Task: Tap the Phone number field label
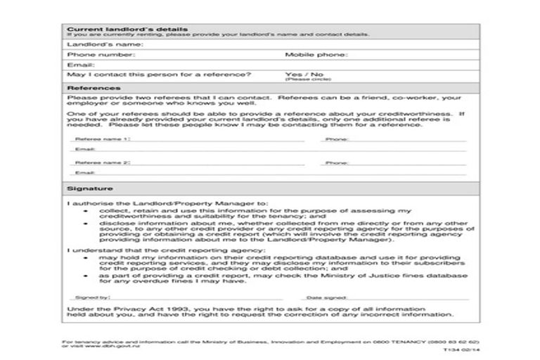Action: click(101, 54)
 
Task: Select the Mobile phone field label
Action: click(316, 54)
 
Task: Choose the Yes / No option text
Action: click(304, 74)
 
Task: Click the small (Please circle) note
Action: click(299, 80)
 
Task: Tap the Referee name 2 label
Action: click(103, 162)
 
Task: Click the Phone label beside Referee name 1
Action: click(336, 140)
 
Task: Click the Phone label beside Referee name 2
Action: click(336, 162)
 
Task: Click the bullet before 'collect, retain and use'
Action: click(86, 211)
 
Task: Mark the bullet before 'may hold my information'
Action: click(86, 257)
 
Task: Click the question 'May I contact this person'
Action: click(159, 74)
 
